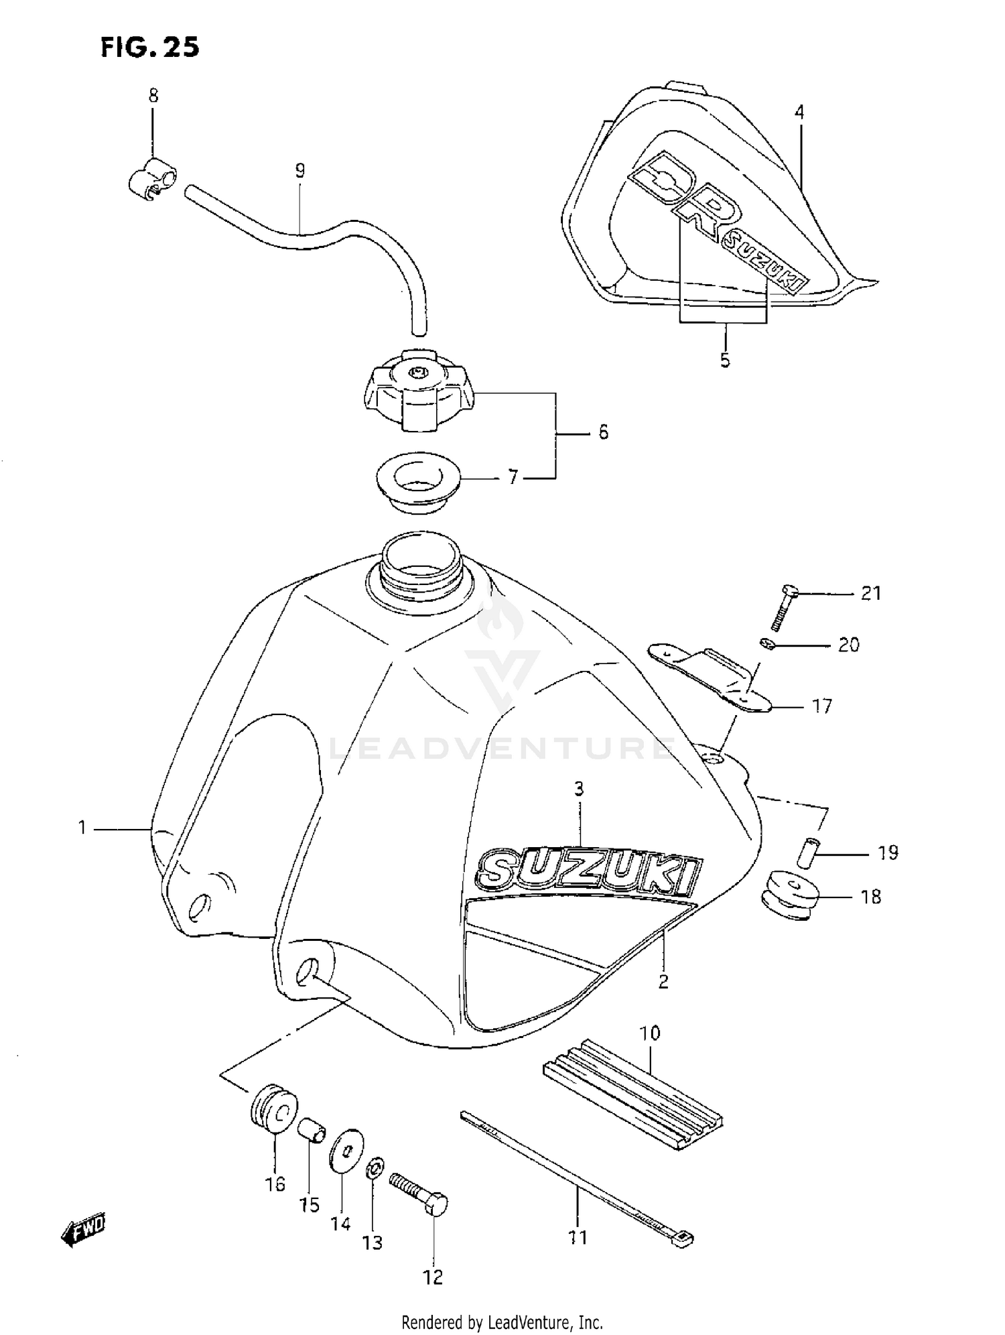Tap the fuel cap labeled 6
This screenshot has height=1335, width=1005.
click(x=419, y=392)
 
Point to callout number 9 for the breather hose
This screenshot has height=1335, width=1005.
click(x=299, y=171)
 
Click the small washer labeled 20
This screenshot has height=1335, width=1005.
click(x=767, y=644)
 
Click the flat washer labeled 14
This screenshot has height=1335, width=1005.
click(x=347, y=1151)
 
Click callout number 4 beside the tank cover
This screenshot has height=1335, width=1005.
click(x=799, y=112)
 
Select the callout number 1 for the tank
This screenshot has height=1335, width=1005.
click(x=82, y=828)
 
